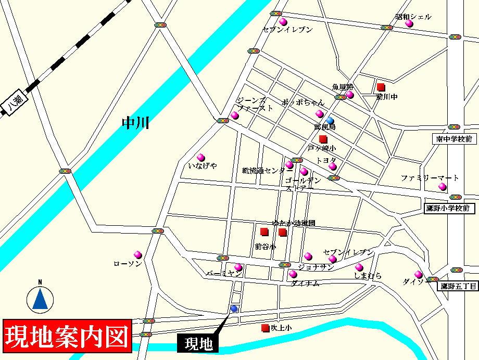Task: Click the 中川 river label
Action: click(135, 123)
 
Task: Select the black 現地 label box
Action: click(198, 344)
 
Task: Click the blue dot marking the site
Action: click(234, 309)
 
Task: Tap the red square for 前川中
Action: click(381, 87)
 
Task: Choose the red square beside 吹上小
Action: click(266, 328)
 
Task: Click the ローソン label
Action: click(128, 264)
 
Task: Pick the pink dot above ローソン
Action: click(138, 255)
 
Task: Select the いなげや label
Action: click(203, 166)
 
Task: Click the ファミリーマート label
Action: click(430, 178)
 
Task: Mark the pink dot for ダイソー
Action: click(419, 274)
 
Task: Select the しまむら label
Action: click(368, 276)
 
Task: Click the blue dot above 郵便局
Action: click(330, 120)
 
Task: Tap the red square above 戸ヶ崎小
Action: click(323, 139)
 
